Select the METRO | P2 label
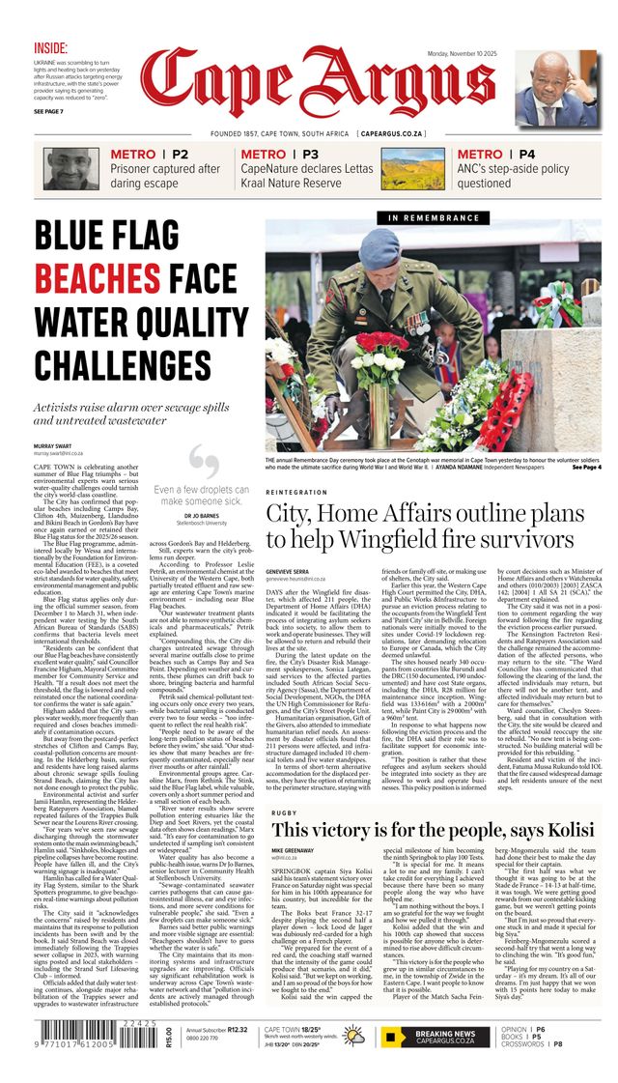pyautogui.click(x=150, y=154)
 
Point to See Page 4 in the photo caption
pyautogui.click(x=585, y=468)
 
